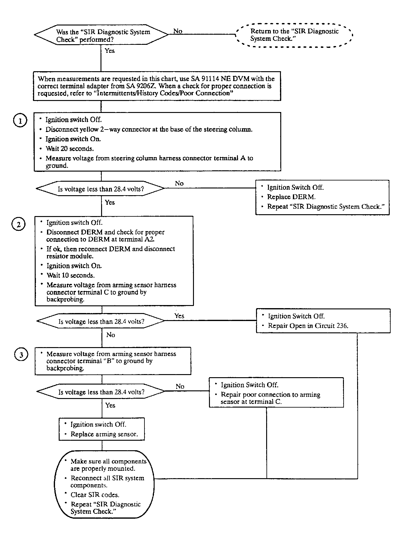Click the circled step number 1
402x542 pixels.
pos(20,121)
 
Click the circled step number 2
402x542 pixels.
pos(18,224)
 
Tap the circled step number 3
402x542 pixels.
pos(21,355)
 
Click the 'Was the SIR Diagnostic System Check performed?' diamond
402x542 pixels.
pos(101,35)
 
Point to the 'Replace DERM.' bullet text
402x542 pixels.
pos(291,197)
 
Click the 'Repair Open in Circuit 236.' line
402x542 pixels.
pos(308,326)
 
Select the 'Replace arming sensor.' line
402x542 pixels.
pos(104,434)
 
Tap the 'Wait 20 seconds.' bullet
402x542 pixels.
pos(69,149)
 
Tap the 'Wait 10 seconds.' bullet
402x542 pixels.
pos(70,275)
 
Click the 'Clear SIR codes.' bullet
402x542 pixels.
pos(95,495)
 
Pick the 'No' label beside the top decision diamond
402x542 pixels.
pos(178,31)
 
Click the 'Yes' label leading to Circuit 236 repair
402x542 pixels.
pos(179,316)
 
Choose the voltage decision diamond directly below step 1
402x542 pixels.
pos(100,189)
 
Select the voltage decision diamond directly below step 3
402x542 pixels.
pos(101,392)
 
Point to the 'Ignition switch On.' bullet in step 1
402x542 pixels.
pos(73,139)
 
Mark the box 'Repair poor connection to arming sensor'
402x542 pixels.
pos(276,393)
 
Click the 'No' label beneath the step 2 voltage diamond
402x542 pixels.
pos(111,335)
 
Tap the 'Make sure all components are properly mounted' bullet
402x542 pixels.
pos(108,465)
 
